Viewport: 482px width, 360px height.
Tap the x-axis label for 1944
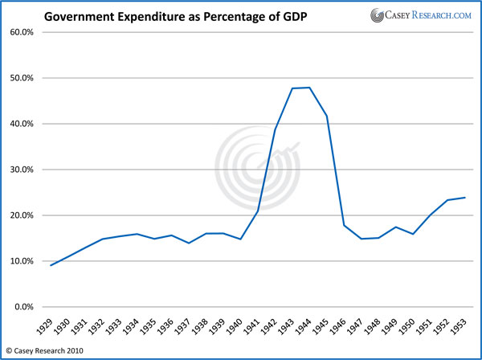pos(309,325)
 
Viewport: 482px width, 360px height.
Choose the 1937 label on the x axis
pos(189,325)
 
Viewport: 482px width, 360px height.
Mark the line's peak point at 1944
pos(309,88)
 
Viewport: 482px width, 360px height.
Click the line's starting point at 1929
pos(51,265)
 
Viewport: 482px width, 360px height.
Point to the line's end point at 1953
pos(465,198)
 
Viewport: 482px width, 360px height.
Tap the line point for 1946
pos(344,225)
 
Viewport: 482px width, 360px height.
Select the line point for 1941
pos(258,211)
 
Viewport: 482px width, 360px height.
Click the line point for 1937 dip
pos(189,243)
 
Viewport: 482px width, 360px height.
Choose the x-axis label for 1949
pos(395,325)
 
